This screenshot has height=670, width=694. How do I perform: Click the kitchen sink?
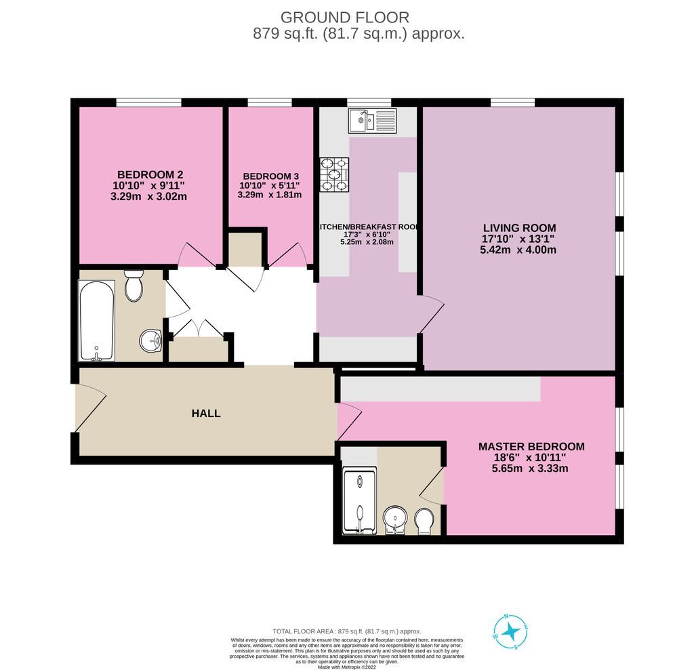(x=373, y=121)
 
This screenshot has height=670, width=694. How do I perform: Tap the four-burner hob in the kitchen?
(x=334, y=174)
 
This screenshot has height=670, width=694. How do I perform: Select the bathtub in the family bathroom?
(x=97, y=319)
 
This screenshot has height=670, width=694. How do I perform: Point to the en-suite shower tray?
(x=359, y=501)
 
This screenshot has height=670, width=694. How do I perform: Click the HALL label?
(x=206, y=413)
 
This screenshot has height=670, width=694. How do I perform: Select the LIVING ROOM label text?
(x=519, y=227)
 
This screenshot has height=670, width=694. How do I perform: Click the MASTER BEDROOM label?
(x=531, y=446)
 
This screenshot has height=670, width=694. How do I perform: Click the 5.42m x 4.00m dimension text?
(x=519, y=250)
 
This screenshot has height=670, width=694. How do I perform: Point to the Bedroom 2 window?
(x=148, y=102)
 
